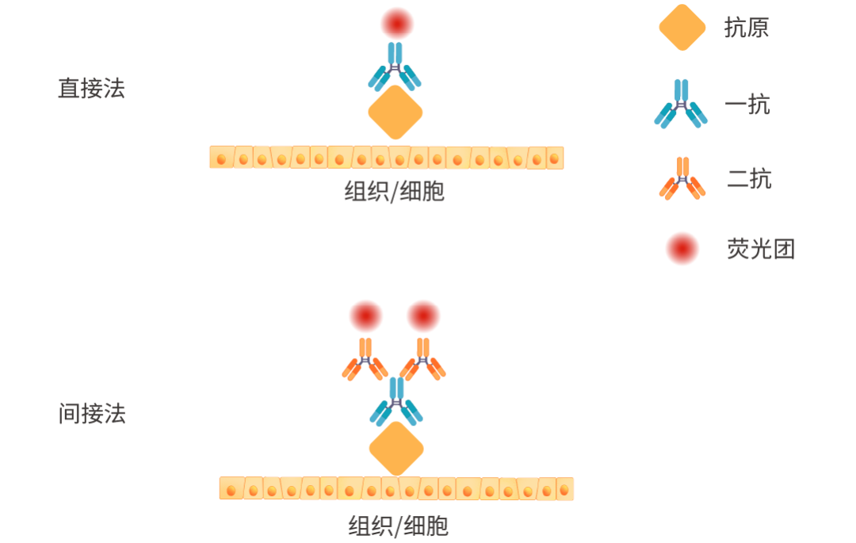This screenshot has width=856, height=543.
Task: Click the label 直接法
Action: [x=91, y=88]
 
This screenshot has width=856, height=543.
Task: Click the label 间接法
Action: [x=92, y=414]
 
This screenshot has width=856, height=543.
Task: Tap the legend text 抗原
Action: [x=747, y=28]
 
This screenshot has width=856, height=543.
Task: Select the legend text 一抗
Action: [x=747, y=105]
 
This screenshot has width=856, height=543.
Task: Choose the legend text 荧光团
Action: [x=760, y=249]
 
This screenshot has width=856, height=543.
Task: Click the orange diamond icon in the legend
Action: [x=682, y=28]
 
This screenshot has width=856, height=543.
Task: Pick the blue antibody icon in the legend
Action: [x=681, y=104]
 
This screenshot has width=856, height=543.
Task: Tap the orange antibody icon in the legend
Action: [x=682, y=178]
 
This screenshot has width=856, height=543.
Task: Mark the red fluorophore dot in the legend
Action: [x=682, y=249]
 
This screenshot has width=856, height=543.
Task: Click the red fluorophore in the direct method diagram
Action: [x=396, y=23]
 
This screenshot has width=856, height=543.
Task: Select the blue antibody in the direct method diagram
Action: [x=395, y=67]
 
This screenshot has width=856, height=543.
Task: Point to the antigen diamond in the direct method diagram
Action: [x=396, y=112]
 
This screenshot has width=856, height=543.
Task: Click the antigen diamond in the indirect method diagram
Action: [x=396, y=449]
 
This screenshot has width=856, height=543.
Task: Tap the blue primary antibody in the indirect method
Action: [x=396, y=401]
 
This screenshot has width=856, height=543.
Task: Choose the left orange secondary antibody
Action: [x=365, y=359]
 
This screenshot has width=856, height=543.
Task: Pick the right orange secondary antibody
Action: [x=423, y=359]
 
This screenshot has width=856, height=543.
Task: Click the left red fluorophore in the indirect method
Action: [x=366, y=316]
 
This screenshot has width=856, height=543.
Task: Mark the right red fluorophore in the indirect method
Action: [x=423, y=316]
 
